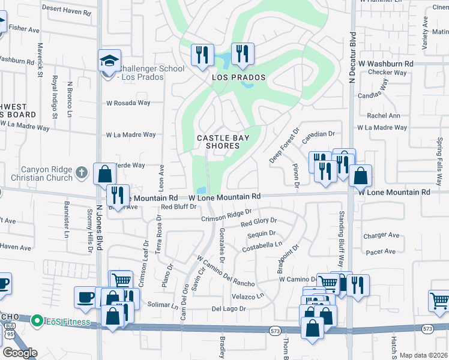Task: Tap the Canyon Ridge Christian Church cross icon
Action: pyautogui.click(x=83, y=173)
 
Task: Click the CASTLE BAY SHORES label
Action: pyautogui.click(x=223, y=142)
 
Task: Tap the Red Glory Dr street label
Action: pyautogui.click(x=258, y=223)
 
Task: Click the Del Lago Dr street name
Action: pyautogui.click(x=229, y=308)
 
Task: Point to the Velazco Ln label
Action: pyautogui.click(x=247, y=296)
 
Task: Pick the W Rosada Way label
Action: pyautogui.click(x=128, y=103)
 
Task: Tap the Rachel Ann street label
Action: pyautogui.click(x=383, y=116)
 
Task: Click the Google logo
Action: pyautogui.click(x=20, y=353)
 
